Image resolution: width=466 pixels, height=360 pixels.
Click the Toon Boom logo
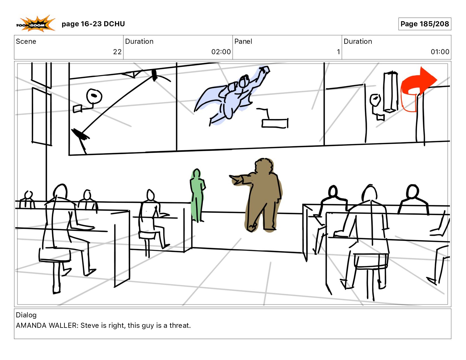click(36, 24)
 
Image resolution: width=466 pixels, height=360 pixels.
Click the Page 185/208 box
click(424, 24)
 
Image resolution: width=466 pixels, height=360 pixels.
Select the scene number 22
click(117, 52)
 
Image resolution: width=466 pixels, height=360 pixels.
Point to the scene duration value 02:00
click(221, 52)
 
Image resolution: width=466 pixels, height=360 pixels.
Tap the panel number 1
click(338, 52)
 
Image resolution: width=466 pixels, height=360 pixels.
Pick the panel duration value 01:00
click(440, 52)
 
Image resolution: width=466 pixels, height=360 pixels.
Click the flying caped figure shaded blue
click(232, 95)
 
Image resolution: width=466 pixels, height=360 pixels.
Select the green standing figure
click(197, 195)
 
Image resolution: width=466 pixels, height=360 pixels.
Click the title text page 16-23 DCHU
click(93, 24)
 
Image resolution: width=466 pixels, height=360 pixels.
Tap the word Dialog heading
click(26, 315)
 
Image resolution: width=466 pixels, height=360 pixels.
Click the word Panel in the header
click(243, 42)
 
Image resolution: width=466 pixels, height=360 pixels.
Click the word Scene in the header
click(26, 42)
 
